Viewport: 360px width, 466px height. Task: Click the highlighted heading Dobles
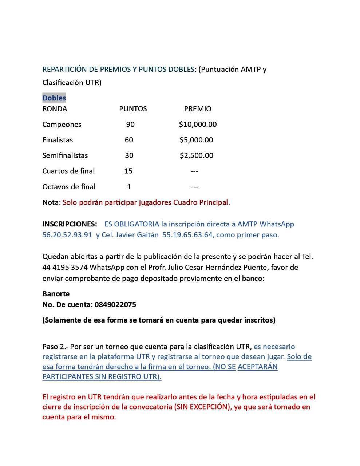54,98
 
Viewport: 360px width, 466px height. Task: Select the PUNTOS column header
133,109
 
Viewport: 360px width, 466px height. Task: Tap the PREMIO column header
197,109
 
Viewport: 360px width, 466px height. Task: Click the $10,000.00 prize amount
198,125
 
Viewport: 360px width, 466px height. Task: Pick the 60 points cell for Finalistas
129,140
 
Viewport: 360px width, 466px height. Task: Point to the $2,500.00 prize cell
197,155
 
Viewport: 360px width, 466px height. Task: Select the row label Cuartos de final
68,171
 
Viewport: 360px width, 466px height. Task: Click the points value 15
128,171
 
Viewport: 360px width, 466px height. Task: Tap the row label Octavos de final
69,187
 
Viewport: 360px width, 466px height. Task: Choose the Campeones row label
62,125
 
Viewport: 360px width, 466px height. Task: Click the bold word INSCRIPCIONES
70,224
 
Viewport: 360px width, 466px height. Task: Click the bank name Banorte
56,294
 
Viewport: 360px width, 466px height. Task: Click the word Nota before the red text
51,202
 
